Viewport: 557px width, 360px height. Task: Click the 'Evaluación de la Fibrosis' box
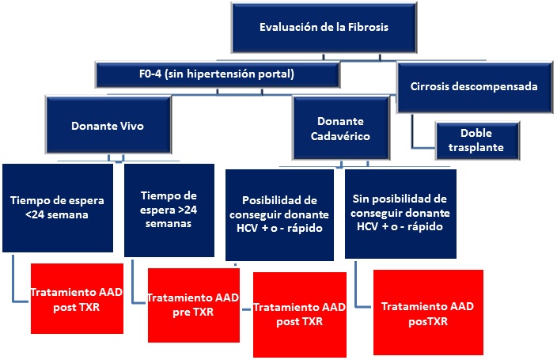coord(324,28)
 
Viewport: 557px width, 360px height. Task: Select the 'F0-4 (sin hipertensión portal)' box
coord(218,74)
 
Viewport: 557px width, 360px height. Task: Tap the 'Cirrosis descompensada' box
coord(475,87)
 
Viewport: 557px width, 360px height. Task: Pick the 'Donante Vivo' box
coord(108,125)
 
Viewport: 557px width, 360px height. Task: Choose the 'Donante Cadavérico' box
coord(341,128)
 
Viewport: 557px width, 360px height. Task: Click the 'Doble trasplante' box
coord(477,140)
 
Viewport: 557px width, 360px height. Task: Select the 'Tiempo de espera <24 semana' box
coord(58,208)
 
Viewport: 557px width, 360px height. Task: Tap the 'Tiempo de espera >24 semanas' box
coord(169,210)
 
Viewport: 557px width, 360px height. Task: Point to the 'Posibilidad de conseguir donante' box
coord(279,214)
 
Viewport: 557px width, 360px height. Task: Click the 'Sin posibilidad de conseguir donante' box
coord(400,214)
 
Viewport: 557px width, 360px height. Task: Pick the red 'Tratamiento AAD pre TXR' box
coord(194,305)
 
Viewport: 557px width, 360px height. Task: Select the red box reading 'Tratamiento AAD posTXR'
coord(428,312)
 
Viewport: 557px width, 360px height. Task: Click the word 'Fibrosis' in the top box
coord(368,27)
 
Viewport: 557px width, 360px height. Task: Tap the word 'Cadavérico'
coord(340,136)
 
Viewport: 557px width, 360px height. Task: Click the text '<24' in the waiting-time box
coord(35,214)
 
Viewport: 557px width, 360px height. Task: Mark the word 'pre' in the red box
coord(181,313)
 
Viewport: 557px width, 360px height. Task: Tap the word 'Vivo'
coord(132,126)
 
